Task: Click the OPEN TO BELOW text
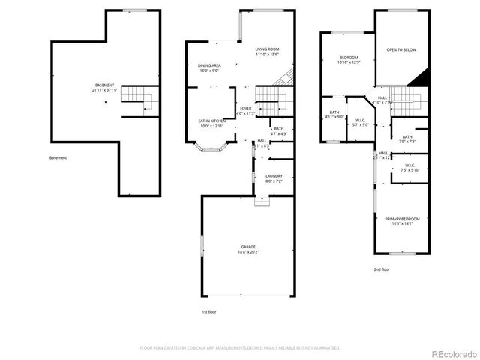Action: (x=400, y=50)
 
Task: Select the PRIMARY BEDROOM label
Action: (x=402, y=220)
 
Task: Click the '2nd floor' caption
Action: (x=382, y=268)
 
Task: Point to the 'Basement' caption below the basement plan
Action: (x=58, y=158)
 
